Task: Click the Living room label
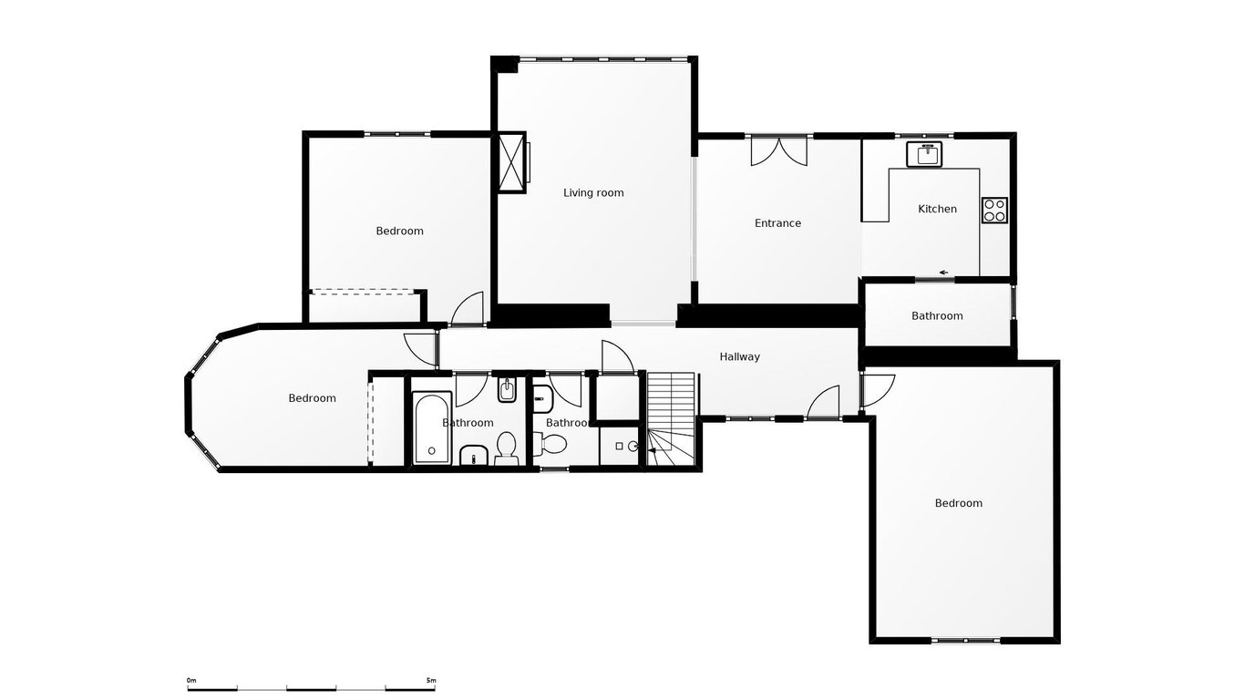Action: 593,192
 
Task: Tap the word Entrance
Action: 777,223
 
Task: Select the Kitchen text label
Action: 937,209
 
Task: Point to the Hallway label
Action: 739,356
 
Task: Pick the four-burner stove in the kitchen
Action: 993,211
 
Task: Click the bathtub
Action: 431,428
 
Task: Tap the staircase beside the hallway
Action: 671,406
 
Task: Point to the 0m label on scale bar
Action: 191,680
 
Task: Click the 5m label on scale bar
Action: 431,680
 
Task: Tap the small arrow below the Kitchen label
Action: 943,272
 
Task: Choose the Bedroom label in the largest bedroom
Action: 959,503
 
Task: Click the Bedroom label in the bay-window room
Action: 312,398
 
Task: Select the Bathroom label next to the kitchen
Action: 937,316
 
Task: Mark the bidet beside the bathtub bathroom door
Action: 507,391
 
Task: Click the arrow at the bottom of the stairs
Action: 653,450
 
